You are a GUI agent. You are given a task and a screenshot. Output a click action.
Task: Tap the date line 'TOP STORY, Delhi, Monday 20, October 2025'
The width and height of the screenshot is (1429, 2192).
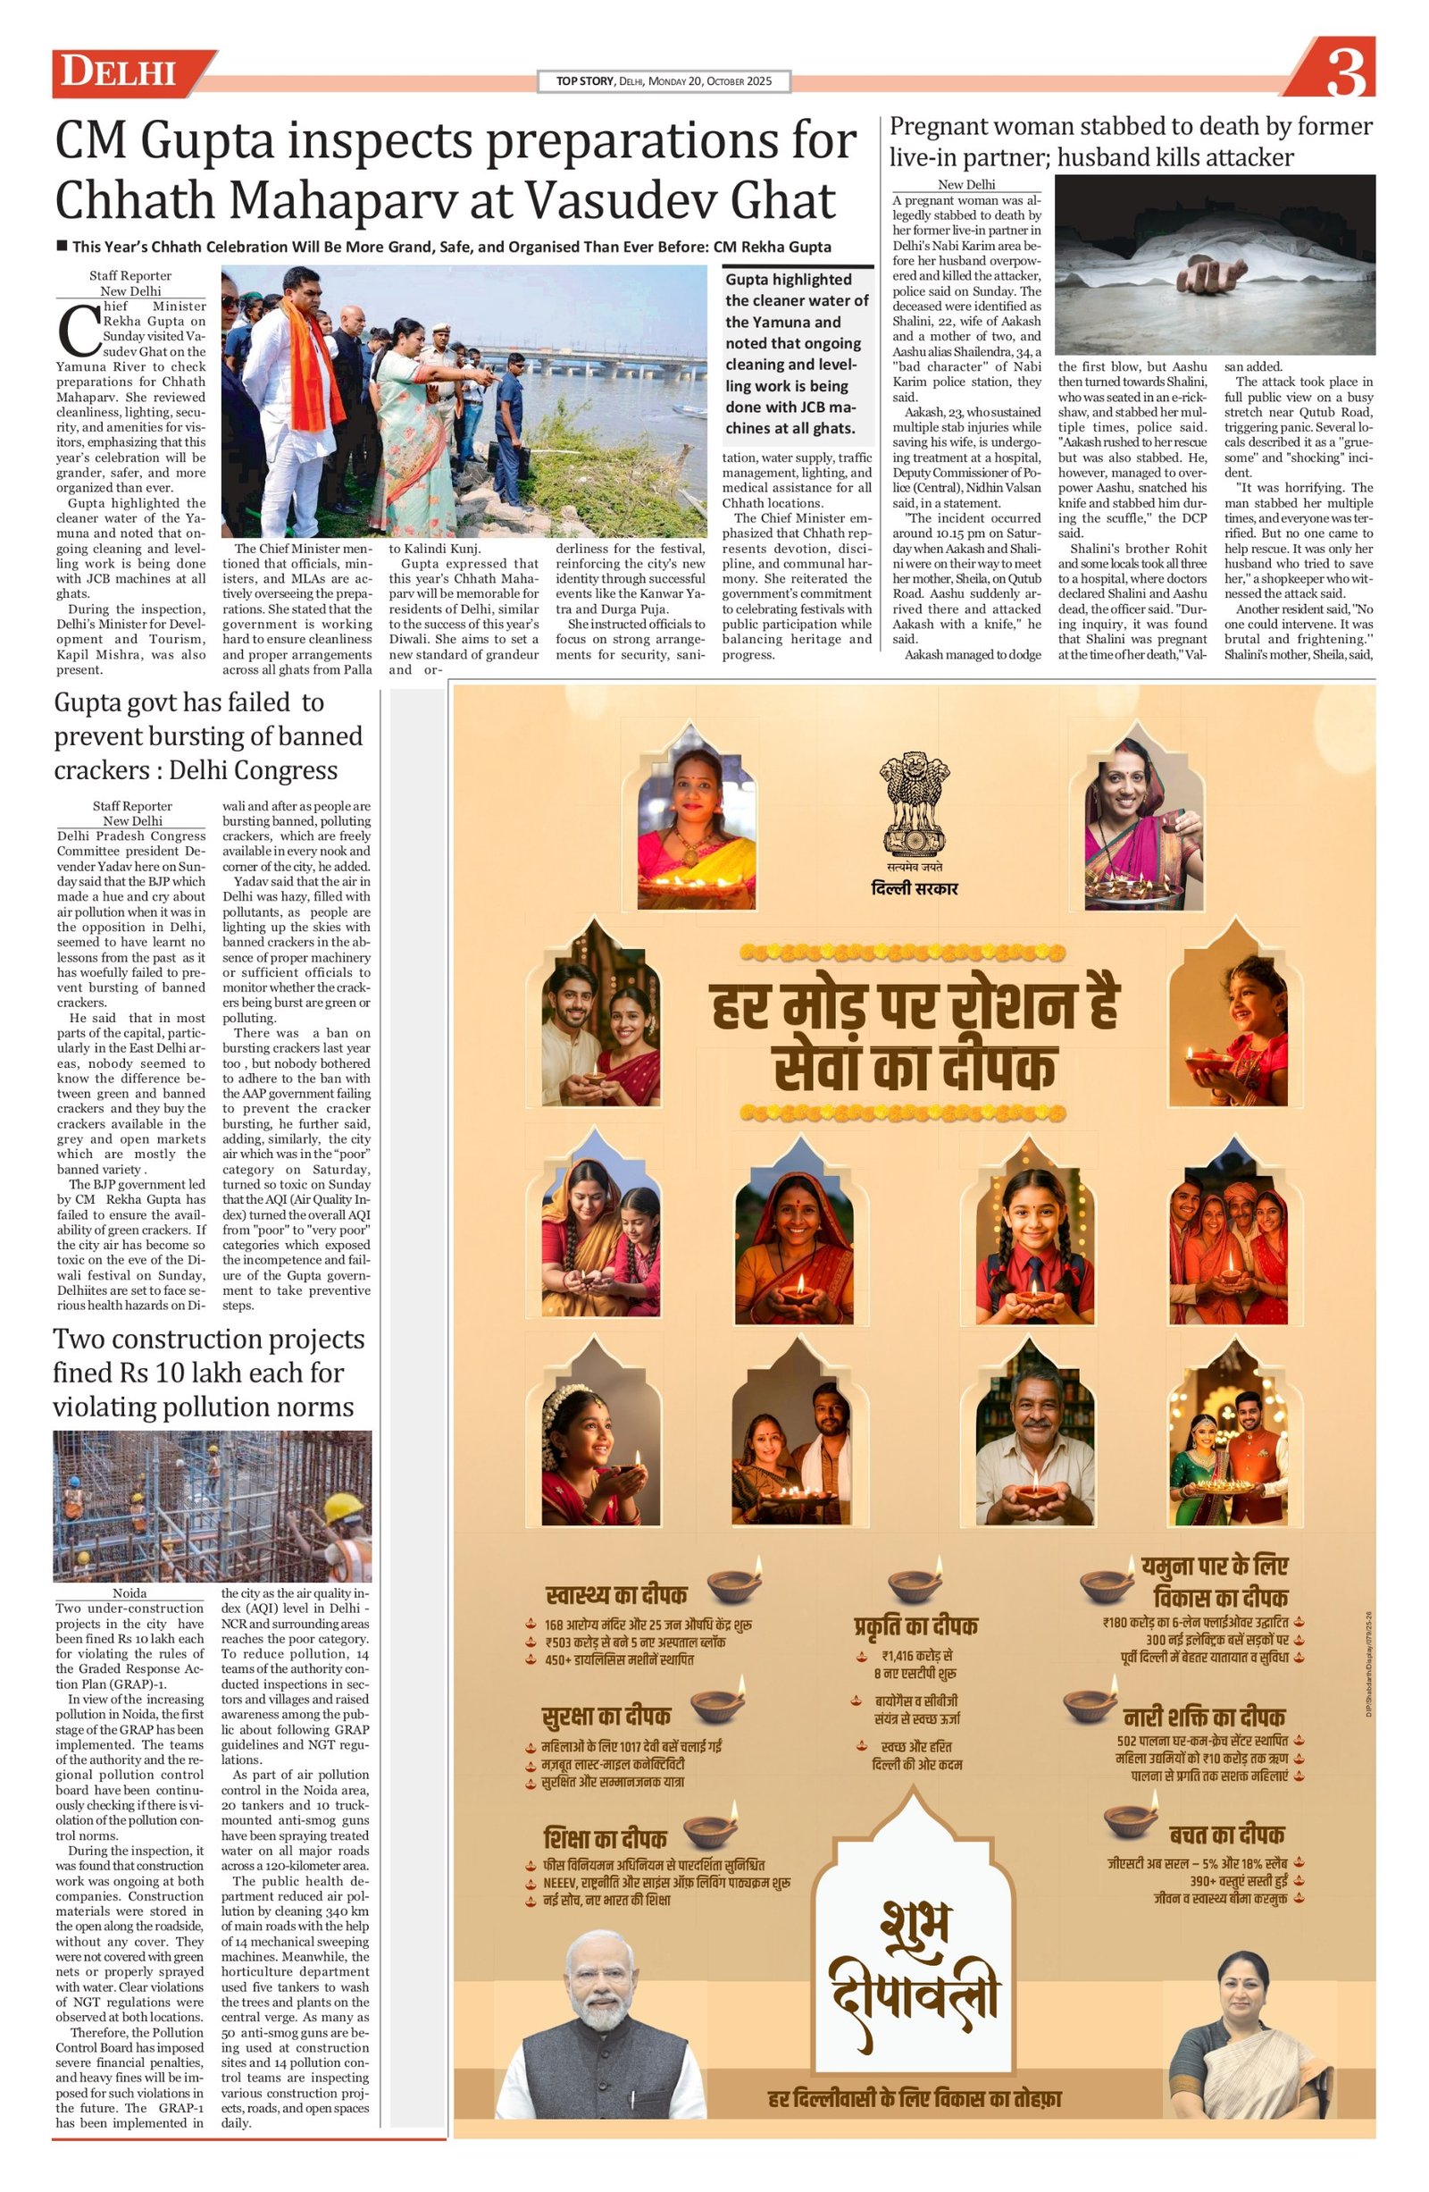[663, 81]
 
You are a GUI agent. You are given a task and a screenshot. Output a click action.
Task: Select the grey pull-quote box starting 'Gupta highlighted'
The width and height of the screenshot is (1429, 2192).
[798, 354]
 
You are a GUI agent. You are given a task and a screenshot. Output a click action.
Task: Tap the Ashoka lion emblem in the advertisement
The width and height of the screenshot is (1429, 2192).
[914, 802]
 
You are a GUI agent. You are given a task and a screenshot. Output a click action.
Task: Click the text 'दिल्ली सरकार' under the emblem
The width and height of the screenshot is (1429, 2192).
[915, 888]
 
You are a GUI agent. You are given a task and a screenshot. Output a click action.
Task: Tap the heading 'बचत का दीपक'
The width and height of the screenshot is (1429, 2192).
[1226, 1834]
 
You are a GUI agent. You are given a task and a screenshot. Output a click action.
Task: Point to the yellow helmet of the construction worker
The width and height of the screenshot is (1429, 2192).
[346, 1507]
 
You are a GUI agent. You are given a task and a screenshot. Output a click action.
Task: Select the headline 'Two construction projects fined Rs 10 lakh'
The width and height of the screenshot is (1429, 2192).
[208, 1373]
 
